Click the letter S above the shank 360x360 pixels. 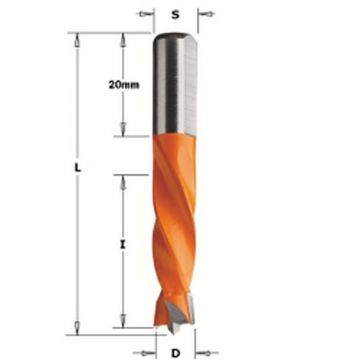175,15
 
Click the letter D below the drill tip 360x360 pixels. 176,353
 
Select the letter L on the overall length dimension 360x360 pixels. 77,169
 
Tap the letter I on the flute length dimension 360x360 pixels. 123,245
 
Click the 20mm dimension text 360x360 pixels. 124,85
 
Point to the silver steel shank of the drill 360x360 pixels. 175,84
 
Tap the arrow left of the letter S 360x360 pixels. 145,14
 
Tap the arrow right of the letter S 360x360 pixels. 207,14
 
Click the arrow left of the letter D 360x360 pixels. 144,353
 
